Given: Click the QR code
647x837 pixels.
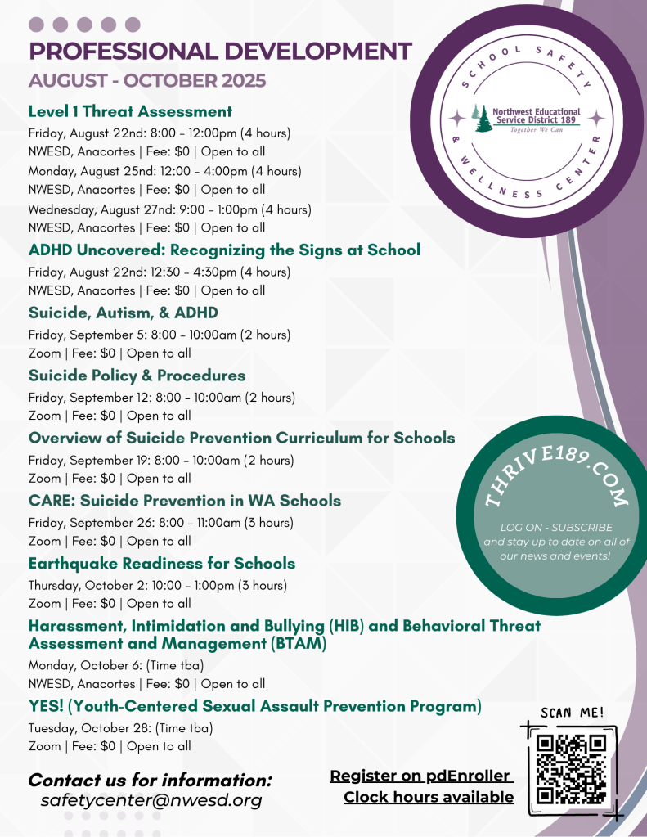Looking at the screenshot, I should (x=572, y=768).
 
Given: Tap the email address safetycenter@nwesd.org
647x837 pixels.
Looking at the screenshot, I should (x=151, y=800).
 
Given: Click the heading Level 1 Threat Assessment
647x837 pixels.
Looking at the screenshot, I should (x=130, y=111).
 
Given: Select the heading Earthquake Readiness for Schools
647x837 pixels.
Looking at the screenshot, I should (x=161, y=564).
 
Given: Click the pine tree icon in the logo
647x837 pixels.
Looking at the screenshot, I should (x=483, y=119).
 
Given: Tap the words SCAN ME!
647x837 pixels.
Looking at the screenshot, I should (x=573, y=713).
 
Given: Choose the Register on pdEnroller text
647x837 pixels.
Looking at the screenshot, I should (x=420, y=776).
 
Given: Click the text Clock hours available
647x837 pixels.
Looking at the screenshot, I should (x=429, y=797).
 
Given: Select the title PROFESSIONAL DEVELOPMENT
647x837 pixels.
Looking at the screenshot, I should (x=220, y=51).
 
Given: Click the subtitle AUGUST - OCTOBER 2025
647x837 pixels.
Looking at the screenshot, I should (x=147, y=81).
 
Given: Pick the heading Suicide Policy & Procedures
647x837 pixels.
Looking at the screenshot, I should (x=137, y=376).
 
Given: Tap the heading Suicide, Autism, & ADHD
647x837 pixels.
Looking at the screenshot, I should (x=123, y=313).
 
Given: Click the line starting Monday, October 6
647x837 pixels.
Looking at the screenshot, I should (x=116, y=665).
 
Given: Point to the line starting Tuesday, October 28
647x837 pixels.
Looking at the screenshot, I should (x=120, y=727).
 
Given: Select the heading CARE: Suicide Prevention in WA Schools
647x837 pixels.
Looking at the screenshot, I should (x=185, y=501).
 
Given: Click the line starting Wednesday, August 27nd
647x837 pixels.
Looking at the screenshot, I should (x=169, y=209).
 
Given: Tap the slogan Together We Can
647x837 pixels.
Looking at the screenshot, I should (x=536, y=130).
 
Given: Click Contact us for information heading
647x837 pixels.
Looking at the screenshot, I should (x=150, y=780).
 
